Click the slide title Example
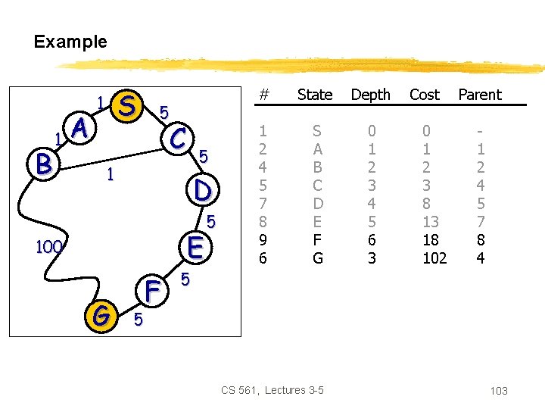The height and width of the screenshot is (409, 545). pyautogui.click(x=70, y=42)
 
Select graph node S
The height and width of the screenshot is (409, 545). pyautogui.click(x=129, y=106)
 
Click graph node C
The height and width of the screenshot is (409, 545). pyautogui.click(x=179, y=138)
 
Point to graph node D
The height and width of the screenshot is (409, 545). pyautogui.click(x=201, y=189)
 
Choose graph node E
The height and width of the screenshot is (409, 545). pyautogui.click(x=195, y=247)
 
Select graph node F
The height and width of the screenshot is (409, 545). pyautogui.click(x=152, y=290)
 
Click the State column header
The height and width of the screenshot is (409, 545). pyautogui.click(x=315, y=95)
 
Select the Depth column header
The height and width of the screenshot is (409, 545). pyautogui.click(x=371, y=95)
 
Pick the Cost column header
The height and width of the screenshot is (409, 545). pyautogui.click(x=424, y=95)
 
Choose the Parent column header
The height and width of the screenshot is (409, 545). pyautogui.click(x=480, y=95)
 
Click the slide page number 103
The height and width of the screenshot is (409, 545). pyautogui.click(x=499, y=391)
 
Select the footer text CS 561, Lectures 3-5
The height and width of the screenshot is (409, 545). pyautogui.click(x=272, y=390)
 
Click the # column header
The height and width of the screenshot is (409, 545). pyautogui.click(x=263, y=95)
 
